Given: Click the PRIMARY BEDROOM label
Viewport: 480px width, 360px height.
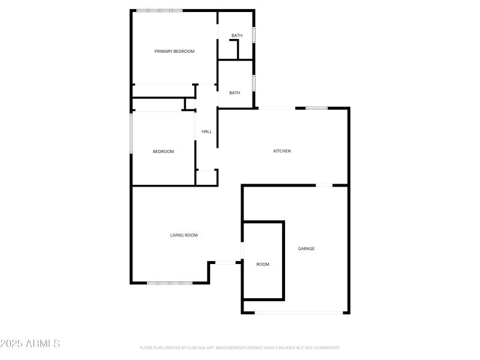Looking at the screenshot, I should [x=175, y=52].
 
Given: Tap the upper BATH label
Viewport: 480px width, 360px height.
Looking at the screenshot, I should [x=237, y=35].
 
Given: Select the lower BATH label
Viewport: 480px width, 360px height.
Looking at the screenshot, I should [x=235, y=92].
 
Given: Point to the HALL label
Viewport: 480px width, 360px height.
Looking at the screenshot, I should [x=206, y=131].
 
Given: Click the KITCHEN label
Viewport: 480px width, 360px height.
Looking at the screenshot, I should [x=282, y=151].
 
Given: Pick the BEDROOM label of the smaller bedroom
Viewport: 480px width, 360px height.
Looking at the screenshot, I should [x=163, y=152].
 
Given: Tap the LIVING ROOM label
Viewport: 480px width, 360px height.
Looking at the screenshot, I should [x=184, y=235].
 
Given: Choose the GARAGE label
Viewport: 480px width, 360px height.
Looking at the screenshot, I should [x=307, y=248].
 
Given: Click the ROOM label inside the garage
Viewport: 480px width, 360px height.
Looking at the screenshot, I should [x=263, y=264].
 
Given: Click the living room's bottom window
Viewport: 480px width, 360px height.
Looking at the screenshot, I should [x=170, y=283].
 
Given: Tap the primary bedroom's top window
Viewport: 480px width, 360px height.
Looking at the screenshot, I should [x=159, y=11].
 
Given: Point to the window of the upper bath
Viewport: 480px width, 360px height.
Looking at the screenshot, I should [x=254, y=35].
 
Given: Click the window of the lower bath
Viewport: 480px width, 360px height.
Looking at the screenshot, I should [x=254, y=82].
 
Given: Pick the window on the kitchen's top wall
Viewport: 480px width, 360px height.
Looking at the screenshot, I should [x=316, y=108].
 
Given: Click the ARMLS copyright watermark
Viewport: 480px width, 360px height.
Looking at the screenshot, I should [x=30, y=344].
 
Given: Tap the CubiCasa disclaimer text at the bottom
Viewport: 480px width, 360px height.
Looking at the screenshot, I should [x=239, y=347].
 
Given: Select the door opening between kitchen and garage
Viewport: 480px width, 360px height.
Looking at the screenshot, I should [x=324, y=185].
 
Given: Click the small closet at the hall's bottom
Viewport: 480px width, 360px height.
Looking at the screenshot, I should [x=207, y=178].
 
